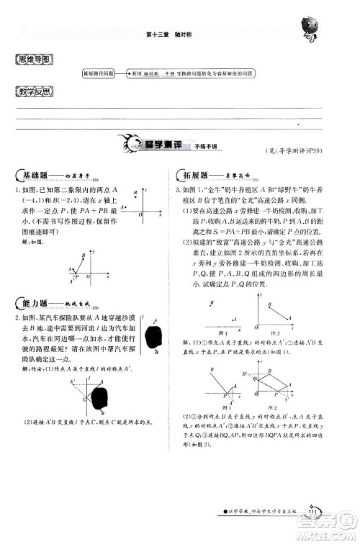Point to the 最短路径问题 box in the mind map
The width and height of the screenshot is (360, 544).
click(99, 73)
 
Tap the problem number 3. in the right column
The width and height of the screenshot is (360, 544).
click(177, 190)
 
